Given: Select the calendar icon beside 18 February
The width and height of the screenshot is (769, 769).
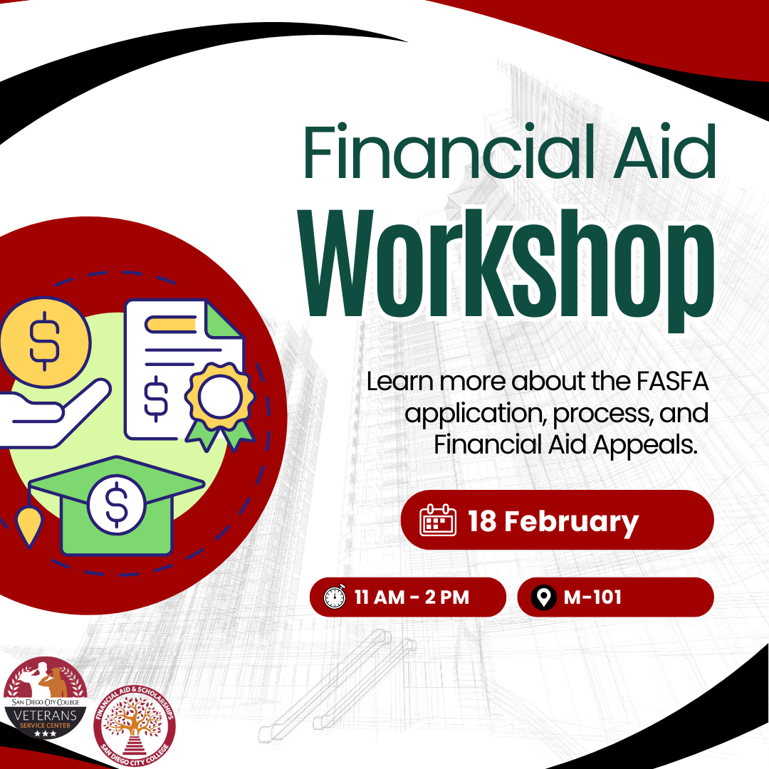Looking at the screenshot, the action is [x=438, y=520].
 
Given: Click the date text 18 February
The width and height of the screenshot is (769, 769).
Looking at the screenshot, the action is [x=553, y=522].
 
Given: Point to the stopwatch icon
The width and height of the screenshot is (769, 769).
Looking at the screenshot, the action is [x=335, y=597].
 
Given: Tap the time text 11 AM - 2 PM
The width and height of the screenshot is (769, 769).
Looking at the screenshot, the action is [x=412, y=597].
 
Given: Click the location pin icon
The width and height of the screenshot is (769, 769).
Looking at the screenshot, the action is [x=543, y=597].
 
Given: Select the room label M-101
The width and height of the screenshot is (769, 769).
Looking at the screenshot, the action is [x=592, y=597].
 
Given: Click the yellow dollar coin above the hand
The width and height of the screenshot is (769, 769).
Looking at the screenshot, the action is [x=45, y=342].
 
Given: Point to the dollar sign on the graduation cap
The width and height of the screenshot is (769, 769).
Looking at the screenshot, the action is [x=117, y=505].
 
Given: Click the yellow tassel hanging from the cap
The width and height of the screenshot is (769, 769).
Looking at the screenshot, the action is [x=29, y=526].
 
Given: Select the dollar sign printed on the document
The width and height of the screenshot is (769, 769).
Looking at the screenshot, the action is [x=156, y=399].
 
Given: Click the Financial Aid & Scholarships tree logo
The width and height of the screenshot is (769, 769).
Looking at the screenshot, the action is [x=135, y=726].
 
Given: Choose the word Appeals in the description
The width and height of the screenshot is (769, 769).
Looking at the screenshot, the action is [x=645, y=446].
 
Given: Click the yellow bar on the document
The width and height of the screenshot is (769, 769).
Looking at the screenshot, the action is [x=170, y=324].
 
